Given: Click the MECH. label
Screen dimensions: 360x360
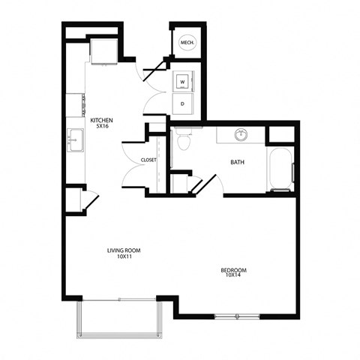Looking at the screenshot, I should coord(187,43).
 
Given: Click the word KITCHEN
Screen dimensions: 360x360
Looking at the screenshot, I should coord(102,120).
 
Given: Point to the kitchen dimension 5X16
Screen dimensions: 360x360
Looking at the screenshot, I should coord(102,127).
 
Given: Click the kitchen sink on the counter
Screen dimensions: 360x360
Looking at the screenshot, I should coord(75,139).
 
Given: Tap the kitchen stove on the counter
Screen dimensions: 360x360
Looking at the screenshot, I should coord(76,104).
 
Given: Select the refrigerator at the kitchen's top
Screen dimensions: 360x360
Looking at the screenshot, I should coord(102,50).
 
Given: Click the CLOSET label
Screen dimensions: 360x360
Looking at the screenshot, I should coord(148,160).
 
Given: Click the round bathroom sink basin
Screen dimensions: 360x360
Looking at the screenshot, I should coord(241,136).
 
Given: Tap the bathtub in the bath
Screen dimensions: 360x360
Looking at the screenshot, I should coord(280,169).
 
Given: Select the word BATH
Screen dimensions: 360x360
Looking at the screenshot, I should coord(238,162).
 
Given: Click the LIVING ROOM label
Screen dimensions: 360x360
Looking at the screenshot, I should coord(123,250).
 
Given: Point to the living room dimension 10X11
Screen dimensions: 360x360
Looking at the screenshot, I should coord(123,257).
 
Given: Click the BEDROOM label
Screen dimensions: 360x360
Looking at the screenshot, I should coord(234,270).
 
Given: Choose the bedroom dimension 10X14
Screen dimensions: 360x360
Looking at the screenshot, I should coord(234,277).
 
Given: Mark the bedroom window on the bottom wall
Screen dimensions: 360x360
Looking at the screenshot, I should coord(238,316).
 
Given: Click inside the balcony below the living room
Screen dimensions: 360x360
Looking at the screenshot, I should coord(117,319).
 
